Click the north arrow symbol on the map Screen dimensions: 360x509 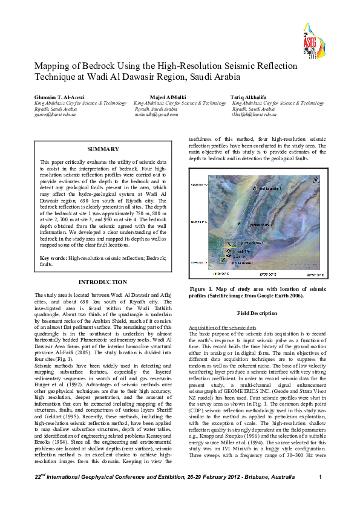(x=316, y=179)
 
